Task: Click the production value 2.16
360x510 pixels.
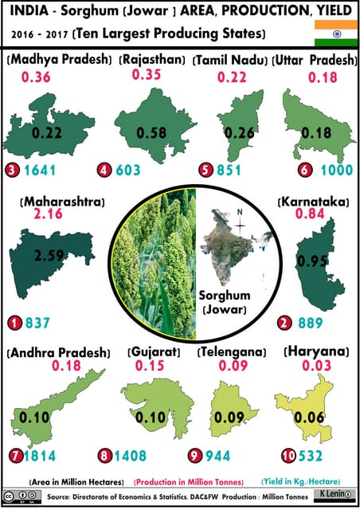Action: [49, 216]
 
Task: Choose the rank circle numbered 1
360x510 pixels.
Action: [13, 323]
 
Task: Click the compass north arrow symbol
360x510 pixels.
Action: [236, 222]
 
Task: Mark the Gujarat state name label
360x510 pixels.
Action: [155, 351]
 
